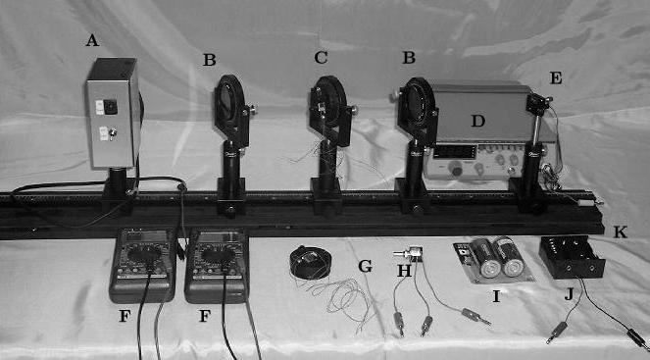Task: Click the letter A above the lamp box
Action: pyautogui.click(x=92, y=40)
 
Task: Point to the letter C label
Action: pyautogui.click(x=321, y=58)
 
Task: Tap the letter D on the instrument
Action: pyautogui.click(x=478, y=121)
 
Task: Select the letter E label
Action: pyautogui.click(x=556, y=77)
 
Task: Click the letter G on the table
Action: pyautogui.click(x=366, y=266)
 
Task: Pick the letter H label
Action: pyautogui.click(x=404, y=271)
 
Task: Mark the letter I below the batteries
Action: pyautogui.click(x=496, y=296)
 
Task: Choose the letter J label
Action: pyautogui.click(x=569, y=295)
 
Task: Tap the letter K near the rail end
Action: pyautogui.click(x=620, y=232)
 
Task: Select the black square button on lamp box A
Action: pyautogui.click(x=111, y=107)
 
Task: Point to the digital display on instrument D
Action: pyautogui.click(x=454, y=152)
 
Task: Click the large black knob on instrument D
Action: pyautogui.click(x=457, y=171)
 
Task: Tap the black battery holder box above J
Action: pyautogui.click(x=572, y=257)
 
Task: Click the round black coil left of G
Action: pyautogui.click(x=311, y=262)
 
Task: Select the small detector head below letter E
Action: pyautogui.click(x=537, y=104)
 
